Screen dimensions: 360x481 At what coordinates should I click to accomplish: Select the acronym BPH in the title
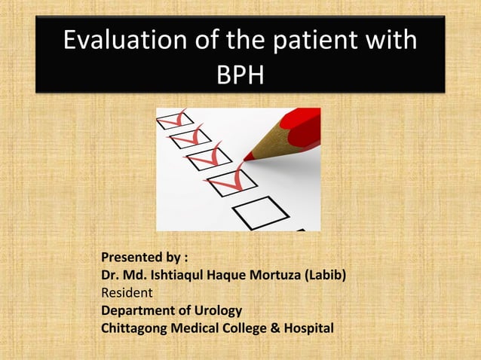[240, 75]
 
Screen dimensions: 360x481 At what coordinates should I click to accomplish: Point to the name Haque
[237, 277]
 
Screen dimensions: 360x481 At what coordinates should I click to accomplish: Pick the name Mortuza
[281, 277]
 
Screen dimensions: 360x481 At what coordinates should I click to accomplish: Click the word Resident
[127, 293]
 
